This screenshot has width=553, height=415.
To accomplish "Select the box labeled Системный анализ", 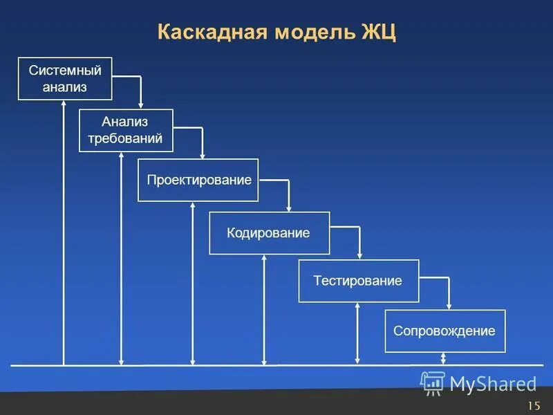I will point(65,79).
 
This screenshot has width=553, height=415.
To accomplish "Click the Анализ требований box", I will point(126,130).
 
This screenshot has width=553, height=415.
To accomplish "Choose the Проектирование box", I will point(198,180).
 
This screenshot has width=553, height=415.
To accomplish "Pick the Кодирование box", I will point(269,233).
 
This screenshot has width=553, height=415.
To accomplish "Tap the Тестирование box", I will point(358,281).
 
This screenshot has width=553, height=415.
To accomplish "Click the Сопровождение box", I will point(444,331).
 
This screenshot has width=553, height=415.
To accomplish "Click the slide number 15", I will point(533,405).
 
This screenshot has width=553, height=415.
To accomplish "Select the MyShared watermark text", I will point(493,383).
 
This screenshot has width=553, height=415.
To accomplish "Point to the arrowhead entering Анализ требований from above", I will point(140,104).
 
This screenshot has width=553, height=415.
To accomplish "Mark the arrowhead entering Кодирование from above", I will point(289,207).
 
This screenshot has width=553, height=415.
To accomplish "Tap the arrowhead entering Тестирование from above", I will point(359,255).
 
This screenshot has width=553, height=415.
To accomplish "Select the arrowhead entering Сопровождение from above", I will point(449,305).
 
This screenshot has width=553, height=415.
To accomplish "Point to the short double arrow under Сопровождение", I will point(444,358).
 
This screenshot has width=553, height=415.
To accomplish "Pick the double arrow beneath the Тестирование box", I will point(357,333).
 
